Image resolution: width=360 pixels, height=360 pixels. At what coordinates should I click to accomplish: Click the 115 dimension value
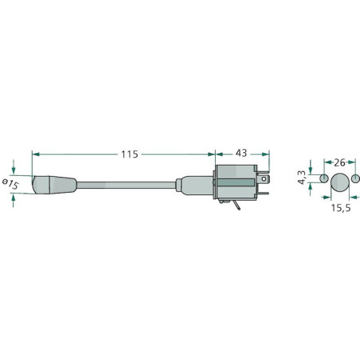(130, 155)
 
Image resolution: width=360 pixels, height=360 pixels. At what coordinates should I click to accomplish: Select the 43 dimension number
(241, 153)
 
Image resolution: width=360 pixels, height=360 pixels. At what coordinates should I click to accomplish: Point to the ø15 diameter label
(10, 184)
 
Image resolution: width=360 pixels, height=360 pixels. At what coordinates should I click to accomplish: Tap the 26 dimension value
(339, 162)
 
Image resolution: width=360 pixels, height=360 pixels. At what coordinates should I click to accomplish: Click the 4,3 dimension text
(302, 178)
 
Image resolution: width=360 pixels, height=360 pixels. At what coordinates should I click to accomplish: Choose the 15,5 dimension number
(341, 208)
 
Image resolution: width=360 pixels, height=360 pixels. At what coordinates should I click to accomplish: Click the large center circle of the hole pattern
(340, 182)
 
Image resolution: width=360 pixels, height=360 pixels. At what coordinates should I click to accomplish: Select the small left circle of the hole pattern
(324, 178)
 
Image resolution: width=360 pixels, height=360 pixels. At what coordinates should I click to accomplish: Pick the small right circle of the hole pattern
(355, 178)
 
